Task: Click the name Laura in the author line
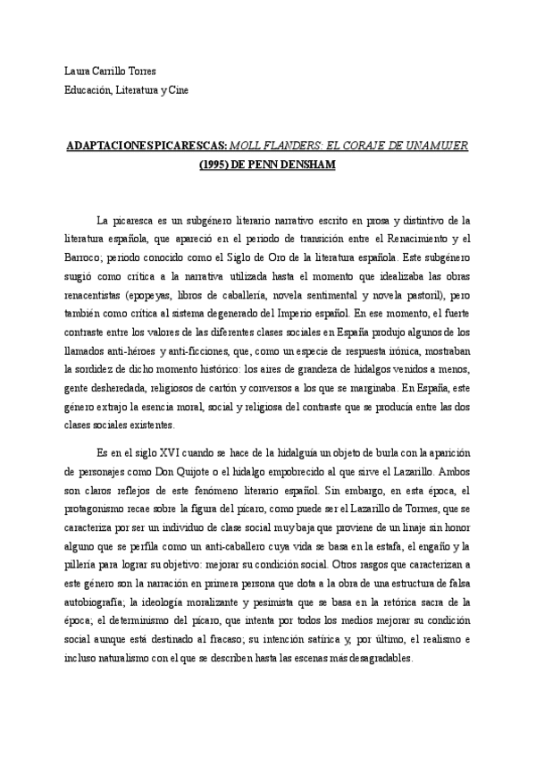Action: tap(79, 72)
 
